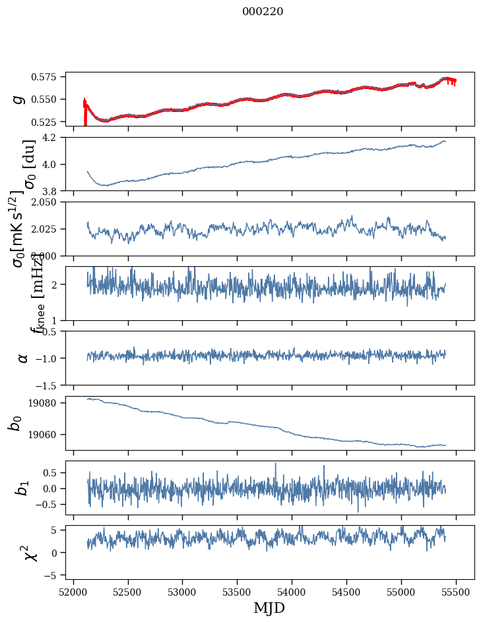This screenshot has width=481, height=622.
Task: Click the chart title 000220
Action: (263, 11)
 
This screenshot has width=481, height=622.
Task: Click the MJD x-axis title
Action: (270, 608)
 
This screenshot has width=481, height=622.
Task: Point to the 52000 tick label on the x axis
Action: (73, 591)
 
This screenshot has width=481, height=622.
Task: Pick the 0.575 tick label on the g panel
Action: (47, 77)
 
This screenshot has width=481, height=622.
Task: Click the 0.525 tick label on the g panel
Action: (47, 122)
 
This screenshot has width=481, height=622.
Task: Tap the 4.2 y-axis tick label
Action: (53, 138)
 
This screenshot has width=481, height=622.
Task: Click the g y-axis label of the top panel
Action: (20, 99)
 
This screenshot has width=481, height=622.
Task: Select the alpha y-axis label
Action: (23, 358)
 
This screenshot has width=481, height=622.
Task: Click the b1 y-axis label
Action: (23, 488)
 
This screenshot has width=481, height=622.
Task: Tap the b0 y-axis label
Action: (15, 423)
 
